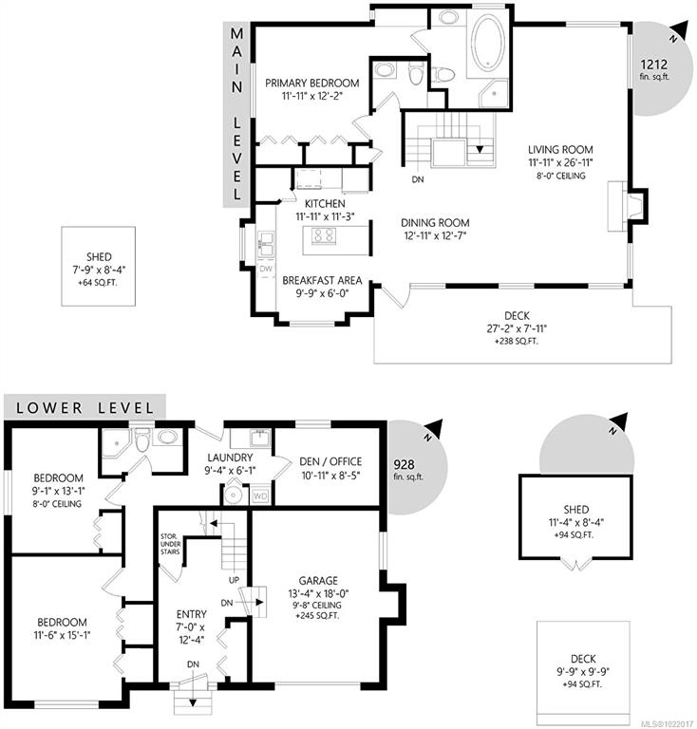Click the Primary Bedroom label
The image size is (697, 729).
[312, 84]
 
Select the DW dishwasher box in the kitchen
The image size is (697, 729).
[266, 270]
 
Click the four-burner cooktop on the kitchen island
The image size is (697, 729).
[324, 234]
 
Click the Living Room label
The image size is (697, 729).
[560, 150]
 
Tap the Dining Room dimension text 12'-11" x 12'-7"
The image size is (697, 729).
[435, 235]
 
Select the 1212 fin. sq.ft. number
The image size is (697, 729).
[654, 65]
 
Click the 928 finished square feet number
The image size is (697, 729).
[405, 464]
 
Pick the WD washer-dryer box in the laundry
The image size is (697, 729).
[260, 496]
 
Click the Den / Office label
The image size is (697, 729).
[330, 461]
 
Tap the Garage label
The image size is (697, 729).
[318, 581]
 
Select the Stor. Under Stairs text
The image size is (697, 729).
[170, 544]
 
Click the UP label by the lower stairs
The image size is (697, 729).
[234, 580]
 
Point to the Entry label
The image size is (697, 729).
[192, 614]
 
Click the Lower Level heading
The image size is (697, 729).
[85, 408]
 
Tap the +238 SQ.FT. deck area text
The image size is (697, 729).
[517, 342]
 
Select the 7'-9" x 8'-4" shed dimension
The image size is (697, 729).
[99, 270]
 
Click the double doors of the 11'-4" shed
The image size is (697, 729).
[576, 564]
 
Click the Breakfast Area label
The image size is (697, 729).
[322, 280]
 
